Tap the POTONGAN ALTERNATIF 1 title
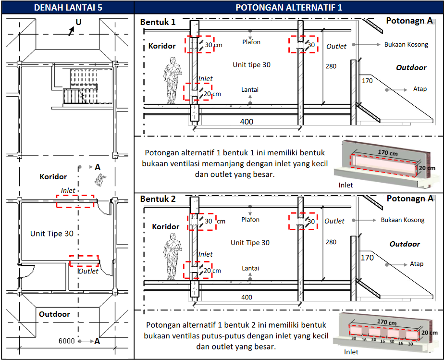[288, 7]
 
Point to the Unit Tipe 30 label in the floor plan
[52, 234]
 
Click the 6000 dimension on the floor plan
[67, 341]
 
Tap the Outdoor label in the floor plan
[54, 314]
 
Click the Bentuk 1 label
[158, 22]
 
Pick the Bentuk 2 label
[158, 199]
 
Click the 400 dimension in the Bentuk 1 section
[247, 122]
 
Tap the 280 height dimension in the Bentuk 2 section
[331, 242]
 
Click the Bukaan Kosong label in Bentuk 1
[406, 44]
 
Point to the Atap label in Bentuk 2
[416, 264]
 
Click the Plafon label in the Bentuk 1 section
[251, 42]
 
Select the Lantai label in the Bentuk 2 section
[250, 268]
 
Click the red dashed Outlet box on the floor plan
[84, 261]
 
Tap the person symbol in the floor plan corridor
[100, 179]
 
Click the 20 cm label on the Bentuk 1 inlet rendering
[427, 168]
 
